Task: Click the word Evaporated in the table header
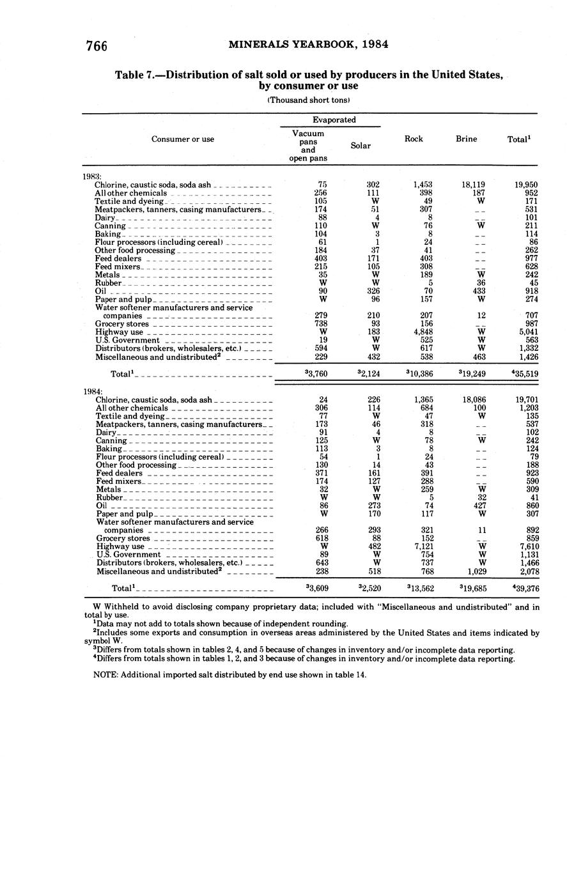[x=334, y=120]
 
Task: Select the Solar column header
[x=361, y=146]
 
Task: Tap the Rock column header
[x=414, y=139]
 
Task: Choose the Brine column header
[x=466, y=139]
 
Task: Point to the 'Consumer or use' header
[x=183, y=139]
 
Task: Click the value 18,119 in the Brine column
[x=473, y=185]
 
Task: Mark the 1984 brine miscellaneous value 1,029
[x=473, y=571]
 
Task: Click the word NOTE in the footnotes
[x=104, y=675]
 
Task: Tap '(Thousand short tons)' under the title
[x=308, y=100]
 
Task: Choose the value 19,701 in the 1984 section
[x=526, y=399]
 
